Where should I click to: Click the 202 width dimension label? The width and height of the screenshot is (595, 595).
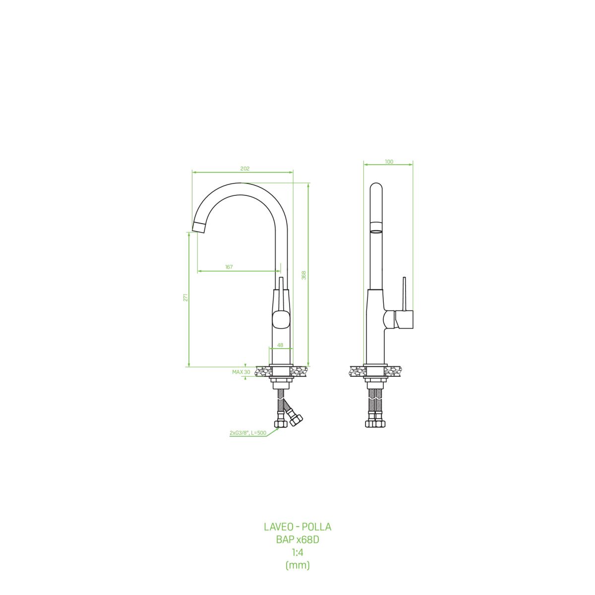(x=245, y=169)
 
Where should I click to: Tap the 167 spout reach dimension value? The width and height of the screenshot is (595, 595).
(x=229, y=267)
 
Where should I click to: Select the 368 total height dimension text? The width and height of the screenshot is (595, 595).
(x=304, y=275)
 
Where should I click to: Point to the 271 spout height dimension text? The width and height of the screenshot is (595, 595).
(x=185, y=297)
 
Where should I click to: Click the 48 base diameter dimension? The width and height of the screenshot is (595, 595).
(x=280, y=345)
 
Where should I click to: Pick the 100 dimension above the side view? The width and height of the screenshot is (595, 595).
(x=389, y=162)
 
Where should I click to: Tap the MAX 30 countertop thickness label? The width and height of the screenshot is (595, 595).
(x=241, y=372)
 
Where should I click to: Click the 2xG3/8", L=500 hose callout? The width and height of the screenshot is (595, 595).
(x=247, y=433)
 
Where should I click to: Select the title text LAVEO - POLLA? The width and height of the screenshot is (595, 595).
(x=297, y=527)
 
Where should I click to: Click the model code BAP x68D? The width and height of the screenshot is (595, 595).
(x=297, y=540)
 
